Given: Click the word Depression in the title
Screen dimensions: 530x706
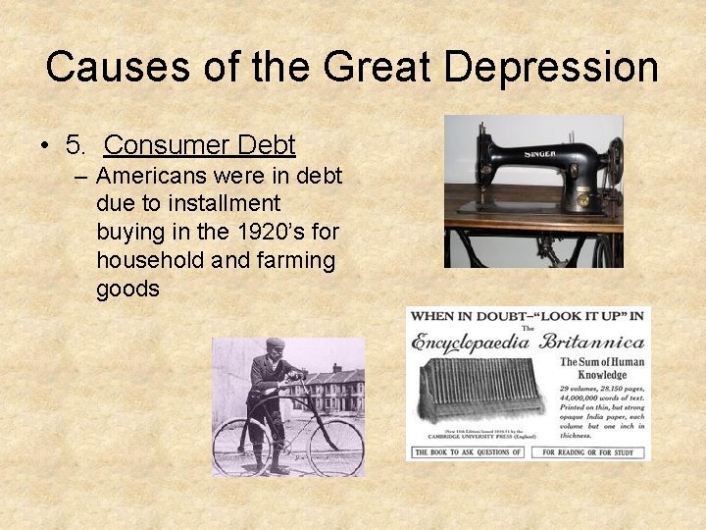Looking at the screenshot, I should (552, 67).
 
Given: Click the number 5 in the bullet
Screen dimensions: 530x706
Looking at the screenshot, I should (76, 146).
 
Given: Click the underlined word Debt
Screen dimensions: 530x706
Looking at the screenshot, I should (263, 146).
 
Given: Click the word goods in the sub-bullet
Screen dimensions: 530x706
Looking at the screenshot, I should (127, 290).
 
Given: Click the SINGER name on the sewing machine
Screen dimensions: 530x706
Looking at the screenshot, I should (539, 153).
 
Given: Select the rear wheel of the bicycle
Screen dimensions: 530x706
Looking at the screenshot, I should (241, 446).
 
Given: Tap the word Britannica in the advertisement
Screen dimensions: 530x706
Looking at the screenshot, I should (592, 343).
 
